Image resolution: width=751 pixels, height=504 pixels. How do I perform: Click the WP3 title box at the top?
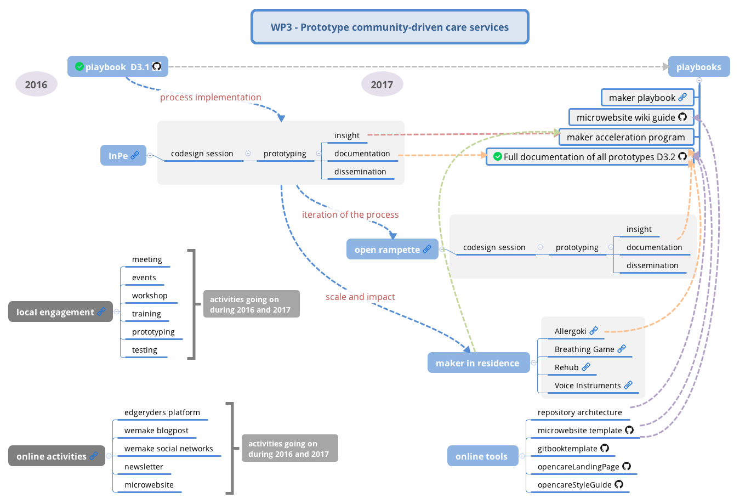[x=390, y=27]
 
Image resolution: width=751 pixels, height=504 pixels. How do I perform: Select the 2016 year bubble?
[x=36, y=84]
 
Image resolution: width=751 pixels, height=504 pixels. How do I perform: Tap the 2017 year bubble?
[x=382, y=84]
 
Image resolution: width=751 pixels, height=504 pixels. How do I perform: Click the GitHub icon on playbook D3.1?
[x=157, y=66]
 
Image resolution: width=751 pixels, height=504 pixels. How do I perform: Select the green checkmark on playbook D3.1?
[x=79, y=66]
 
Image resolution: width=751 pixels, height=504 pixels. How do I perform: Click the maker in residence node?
[x=477, y=363]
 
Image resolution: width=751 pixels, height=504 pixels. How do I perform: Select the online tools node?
[x=482, y=456]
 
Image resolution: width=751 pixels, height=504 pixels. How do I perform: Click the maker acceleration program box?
[x=625, y=137]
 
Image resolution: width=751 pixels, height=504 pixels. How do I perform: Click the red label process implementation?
[x=210, y=98]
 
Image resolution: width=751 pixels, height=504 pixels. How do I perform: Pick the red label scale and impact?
[x=360, y=297]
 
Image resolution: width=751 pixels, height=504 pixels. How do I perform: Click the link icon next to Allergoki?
[x=594, y=331]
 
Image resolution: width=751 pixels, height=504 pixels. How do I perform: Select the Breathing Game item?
[x=584, y=349]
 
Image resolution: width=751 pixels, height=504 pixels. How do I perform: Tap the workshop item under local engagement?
[x=150, y=296]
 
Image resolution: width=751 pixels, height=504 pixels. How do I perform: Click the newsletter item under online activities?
[x=144, y=467]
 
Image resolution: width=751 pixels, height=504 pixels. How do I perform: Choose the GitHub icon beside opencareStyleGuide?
[x=619, y=484]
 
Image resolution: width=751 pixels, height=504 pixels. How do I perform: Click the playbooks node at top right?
[x=698, y=67]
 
